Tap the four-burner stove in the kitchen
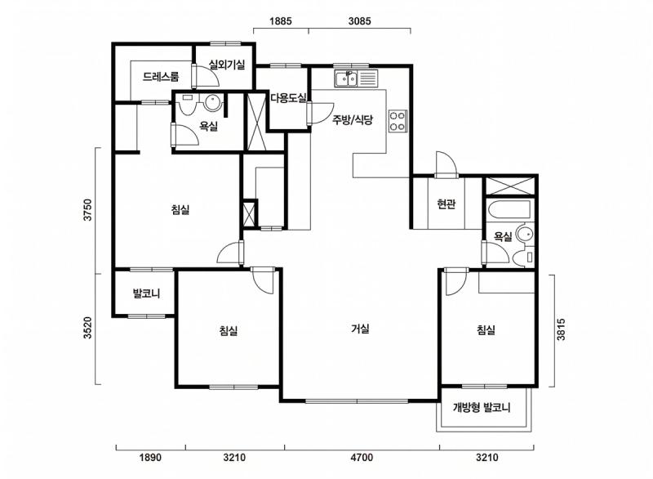pos(398,121)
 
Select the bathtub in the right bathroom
pos(509,209)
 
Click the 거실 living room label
pos(360,329)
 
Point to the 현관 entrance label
pos(446,204)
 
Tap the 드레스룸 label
pos(161,77)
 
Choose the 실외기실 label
pos(227,65)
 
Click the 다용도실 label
pos(289,98)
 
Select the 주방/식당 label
pos(353,120)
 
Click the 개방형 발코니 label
pos(482,407)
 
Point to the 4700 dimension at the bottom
pos(362,458)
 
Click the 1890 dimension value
pos(150,458)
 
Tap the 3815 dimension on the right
pos(562,329)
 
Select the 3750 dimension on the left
pos(87,210)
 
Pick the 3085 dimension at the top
pos(359,21)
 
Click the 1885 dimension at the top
pos(280,21)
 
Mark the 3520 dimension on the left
pos(87,328)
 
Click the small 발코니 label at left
pos(146,293)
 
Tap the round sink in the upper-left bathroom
pos(212,102)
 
